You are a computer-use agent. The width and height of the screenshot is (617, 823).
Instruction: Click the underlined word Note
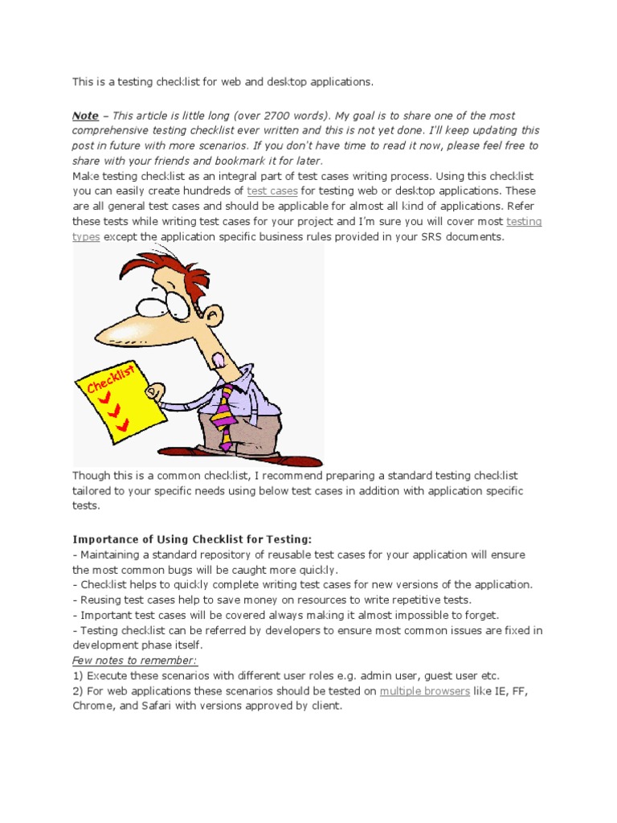(x=85, y=116)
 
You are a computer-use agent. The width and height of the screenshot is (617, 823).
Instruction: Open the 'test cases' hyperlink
(x=272, y=191)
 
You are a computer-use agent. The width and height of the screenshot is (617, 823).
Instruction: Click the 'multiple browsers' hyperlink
(x=424, y=691)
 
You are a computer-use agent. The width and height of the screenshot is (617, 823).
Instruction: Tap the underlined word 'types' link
(x=86, y=237)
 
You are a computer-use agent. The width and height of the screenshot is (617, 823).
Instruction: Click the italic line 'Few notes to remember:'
(x=135, y=661)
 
